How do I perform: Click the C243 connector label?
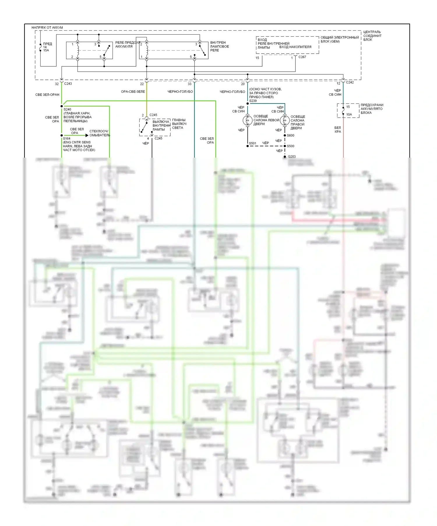coord(68,84)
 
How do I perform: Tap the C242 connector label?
coord(350,82)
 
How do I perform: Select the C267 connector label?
coord(302,57)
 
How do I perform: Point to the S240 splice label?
coord(67,110)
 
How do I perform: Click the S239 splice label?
coord(253,101)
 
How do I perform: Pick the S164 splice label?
coord(67,139)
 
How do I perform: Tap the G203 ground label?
coord(292,156)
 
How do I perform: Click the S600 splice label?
coord(290,136)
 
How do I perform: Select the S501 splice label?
coord(253,143)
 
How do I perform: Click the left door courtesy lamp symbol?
coord(248,120)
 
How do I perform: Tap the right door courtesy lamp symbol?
coord(285,120)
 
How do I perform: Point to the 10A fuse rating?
coord(349,115)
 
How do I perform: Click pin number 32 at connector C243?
coord(57,84)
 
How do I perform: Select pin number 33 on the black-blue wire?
coord(190,84)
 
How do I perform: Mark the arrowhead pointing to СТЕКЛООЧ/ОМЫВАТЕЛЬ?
coord(87,135)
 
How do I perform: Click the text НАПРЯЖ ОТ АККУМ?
coord(47,27)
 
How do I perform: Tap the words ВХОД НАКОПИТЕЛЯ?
coord(295,47)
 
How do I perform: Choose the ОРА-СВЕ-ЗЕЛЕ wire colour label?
coord(133,92)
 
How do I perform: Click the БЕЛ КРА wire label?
coord(338,130)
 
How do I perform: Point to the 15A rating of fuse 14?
coord(46,50)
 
